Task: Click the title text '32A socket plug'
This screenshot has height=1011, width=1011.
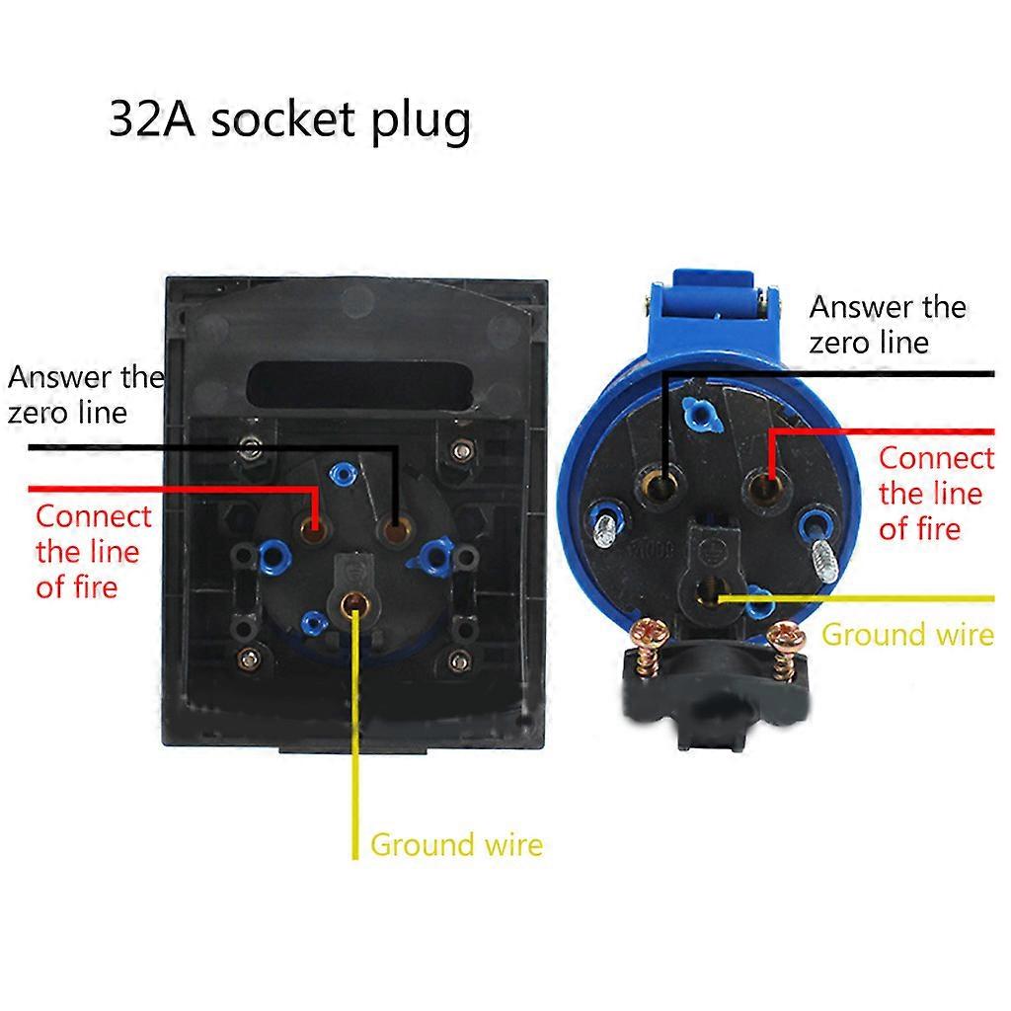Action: click(x=289, y=120)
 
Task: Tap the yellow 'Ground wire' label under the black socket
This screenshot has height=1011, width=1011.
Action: click(x=456, y=845)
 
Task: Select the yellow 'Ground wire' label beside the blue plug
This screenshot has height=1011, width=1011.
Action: click(x=907, y=634)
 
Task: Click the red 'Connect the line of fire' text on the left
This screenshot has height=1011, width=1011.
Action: click(x=93, y=551)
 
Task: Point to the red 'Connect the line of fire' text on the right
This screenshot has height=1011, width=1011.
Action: click(x=936, y=494)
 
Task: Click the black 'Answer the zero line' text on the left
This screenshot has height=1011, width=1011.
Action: click(x=85, y=394)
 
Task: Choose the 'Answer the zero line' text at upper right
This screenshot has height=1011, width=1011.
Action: click(x=887, y=324)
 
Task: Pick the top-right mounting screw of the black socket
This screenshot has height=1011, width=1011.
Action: click(x=459, y=451)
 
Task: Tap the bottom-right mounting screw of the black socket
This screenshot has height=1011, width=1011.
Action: click(x=458, y=659)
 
